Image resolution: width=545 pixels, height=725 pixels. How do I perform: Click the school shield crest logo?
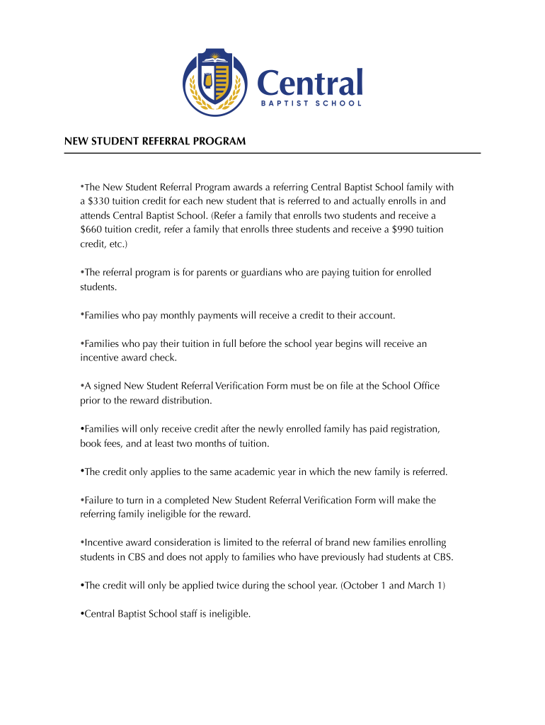click(x=214, y=84)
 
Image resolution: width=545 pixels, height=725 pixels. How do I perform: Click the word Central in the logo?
click(x=310, y=82)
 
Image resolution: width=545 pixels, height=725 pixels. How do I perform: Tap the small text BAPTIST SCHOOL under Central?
click(x=310, y=103)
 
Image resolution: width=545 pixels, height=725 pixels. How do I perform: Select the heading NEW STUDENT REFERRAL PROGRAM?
click(x=155, y=142)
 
